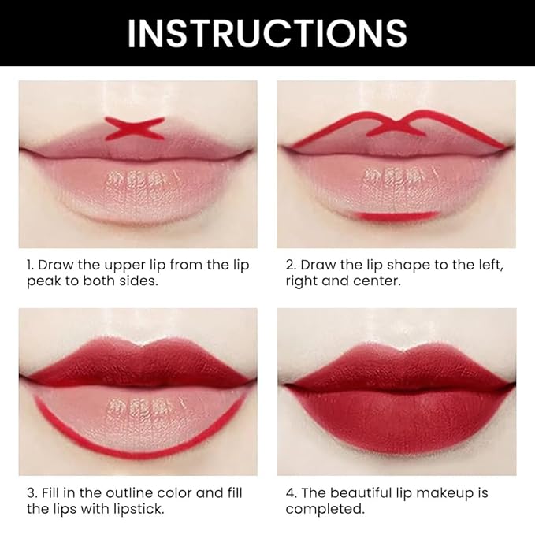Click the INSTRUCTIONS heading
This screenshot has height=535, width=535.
[267, 32]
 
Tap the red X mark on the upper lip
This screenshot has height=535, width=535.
[135, 128]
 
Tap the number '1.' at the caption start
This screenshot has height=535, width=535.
[31, 265]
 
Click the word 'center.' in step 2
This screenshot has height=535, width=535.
[380, 281]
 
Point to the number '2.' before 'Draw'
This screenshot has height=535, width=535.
[291, 265]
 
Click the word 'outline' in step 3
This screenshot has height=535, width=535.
[121, 493]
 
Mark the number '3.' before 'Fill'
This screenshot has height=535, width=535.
[31, 493]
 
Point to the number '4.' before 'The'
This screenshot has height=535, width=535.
[291, 493]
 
